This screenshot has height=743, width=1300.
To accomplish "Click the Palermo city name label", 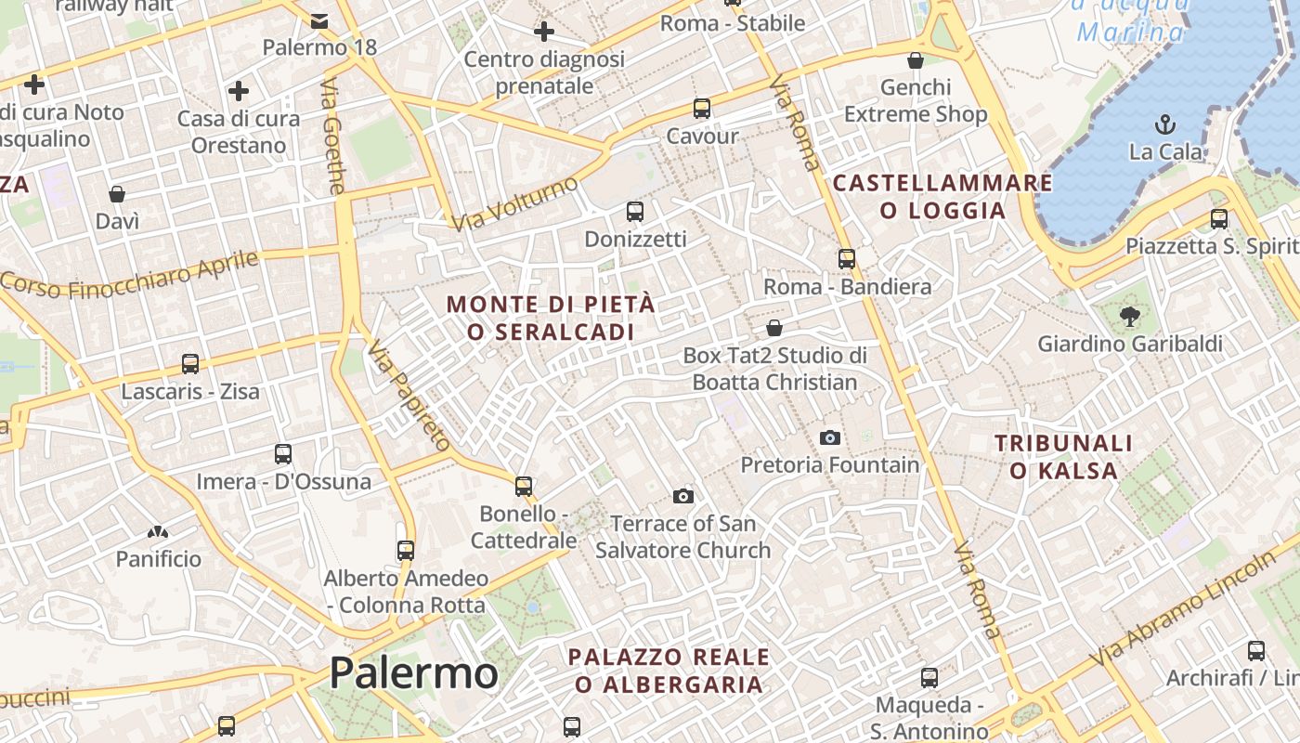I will (x=413, y=672).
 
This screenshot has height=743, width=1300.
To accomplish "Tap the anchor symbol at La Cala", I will (x=1164, y=124).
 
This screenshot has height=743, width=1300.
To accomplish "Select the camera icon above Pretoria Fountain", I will (x=830, y=437).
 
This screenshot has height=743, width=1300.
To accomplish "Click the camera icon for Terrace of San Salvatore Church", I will (x=683, y=496).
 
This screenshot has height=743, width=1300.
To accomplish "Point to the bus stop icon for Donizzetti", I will (x=635, y=212).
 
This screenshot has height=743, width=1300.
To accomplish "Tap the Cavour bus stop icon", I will (x=702, y=109).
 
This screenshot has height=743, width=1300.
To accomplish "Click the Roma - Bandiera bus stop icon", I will (x=847, y=259).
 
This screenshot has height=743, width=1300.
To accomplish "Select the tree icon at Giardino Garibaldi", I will (x=1129, y=317).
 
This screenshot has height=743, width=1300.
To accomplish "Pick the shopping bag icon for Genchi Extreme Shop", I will (x=916, y=60).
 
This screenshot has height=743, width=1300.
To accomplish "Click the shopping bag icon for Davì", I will (x=117, y=194).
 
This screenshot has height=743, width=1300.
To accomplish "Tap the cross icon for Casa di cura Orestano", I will (x=239, y=91).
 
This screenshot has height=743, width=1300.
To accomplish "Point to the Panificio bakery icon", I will (x=158, y=532).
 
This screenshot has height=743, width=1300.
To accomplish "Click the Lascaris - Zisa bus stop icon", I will (x=190, y=363).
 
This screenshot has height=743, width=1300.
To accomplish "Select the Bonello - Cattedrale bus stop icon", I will (x=524, y=486).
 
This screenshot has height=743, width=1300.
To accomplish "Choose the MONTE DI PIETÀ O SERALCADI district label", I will (x=552, y=318).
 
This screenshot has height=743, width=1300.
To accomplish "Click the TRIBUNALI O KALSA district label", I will (x=1064, y=457).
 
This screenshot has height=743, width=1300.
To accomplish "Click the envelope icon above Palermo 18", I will (x=319, y=20).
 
